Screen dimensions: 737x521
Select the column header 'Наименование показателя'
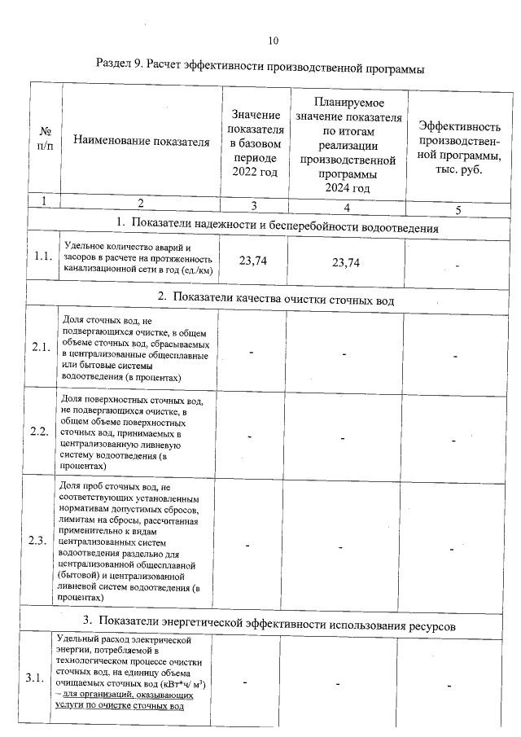pyautogui.click(x=137, y=142)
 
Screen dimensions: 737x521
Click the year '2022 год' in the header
pyautogui.click(x=255, y=172)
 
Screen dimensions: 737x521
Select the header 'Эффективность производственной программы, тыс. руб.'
pyautogui.click(x=458, y=147)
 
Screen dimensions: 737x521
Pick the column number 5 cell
pyautogui.click(x=458, y=209)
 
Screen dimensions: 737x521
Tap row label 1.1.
pyautogui.click(x=43, y=257)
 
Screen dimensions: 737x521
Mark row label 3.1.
pyautogui.click(x=36, y=678)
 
